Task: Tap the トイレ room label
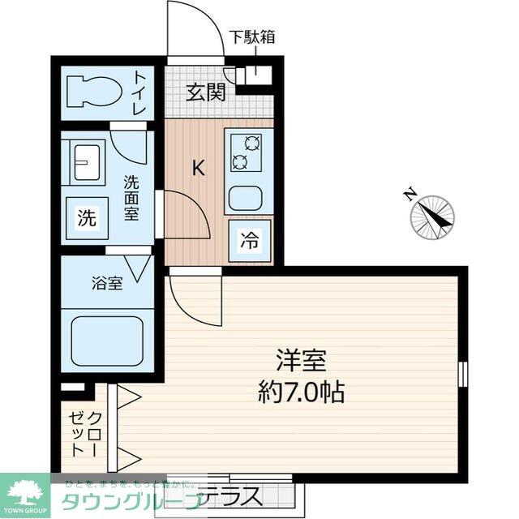coord(139,92)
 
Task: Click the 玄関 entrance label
coord(204,92)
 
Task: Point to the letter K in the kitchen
coord(197,168)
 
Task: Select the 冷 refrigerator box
coord(250,240)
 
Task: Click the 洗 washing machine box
coord(87,217)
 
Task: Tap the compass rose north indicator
coord(431,215)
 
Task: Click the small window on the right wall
coord(463,374)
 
